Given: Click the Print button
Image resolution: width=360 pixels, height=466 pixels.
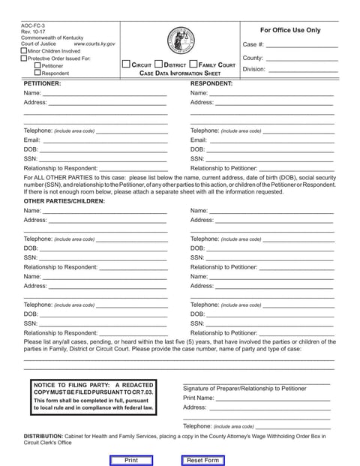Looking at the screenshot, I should (130, 460).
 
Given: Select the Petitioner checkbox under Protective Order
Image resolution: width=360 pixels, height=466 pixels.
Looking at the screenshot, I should (36, 66).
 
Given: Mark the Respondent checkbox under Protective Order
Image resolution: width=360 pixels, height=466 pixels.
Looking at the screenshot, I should (36, 74).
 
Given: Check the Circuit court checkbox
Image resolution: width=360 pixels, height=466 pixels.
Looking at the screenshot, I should (127, 65).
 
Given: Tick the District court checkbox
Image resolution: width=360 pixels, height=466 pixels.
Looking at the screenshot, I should (158, 65).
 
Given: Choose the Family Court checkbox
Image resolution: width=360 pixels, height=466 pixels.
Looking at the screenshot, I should (193, 65).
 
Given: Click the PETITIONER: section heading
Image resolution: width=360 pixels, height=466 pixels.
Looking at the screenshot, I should (42, 84).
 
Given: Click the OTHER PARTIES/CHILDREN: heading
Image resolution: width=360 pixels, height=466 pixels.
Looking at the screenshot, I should (64, 201).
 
